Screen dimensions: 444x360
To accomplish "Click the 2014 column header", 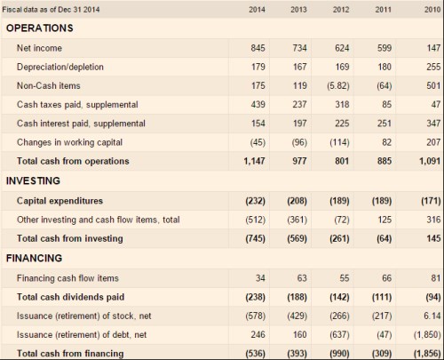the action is [257, 10].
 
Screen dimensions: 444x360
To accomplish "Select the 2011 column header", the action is [384, 10].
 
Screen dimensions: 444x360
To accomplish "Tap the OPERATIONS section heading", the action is [40, 28].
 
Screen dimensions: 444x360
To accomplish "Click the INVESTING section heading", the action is [33, 180].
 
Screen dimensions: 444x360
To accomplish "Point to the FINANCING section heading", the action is [34, 258].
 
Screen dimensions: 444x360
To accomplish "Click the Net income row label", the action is [39, 48].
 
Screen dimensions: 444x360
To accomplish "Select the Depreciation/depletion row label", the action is [60, 67].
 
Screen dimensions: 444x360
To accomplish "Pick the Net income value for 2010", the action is [433, 48].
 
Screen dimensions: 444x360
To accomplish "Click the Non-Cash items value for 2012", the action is [338, 86].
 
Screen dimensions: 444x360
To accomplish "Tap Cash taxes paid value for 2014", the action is [258, 105].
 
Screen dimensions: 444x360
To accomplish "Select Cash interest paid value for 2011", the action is [385, 124].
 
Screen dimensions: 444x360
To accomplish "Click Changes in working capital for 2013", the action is [299, 142].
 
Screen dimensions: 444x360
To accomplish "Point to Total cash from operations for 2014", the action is [255, 161].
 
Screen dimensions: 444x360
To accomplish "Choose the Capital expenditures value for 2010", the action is [431, 201].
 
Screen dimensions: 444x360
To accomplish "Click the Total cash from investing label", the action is [70, 238].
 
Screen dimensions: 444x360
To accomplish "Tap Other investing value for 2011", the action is [385, 220].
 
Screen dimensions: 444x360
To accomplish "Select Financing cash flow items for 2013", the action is [302, 278].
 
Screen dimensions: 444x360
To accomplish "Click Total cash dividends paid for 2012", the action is [339, 297].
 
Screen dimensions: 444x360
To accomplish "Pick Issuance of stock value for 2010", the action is [432, 316].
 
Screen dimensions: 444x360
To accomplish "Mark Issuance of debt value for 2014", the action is [258, 335].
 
